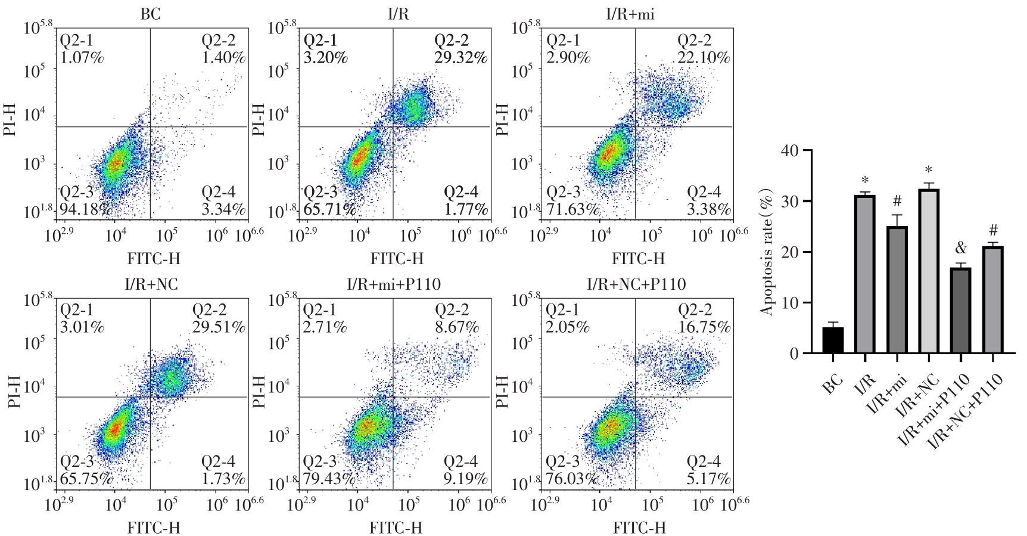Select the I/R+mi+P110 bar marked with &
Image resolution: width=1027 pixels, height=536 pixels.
click(960, 311)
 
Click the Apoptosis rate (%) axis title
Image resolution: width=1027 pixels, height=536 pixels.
click(767, 252)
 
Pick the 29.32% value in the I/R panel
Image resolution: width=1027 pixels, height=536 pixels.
click(460, 58)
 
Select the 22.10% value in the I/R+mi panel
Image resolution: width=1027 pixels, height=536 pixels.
click(704, 58)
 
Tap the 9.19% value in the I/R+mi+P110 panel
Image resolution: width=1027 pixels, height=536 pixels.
click(465, 478)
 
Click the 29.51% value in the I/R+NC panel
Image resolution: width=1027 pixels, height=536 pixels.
click(218, 327)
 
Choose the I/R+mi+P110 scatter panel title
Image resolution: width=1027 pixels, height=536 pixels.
click(394, 284)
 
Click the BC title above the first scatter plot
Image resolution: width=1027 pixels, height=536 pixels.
click(150, 14)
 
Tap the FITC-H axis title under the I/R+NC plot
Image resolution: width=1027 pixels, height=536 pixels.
click(154, 528)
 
